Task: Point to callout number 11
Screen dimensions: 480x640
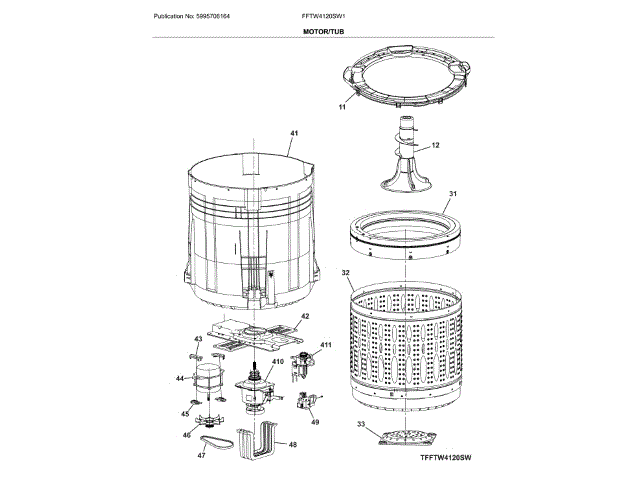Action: click(341, 105)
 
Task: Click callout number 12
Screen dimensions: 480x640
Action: click(437, 145)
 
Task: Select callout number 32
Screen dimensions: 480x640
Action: click(346, 272)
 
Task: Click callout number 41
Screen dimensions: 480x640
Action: click(294, 134)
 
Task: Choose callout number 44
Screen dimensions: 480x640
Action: click(180, 378)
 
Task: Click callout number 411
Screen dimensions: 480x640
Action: click(325, 346)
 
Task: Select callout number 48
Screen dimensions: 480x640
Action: click(293, 444)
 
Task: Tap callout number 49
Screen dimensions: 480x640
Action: click(315, 422)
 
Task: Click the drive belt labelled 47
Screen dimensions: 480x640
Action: click(217, 441)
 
